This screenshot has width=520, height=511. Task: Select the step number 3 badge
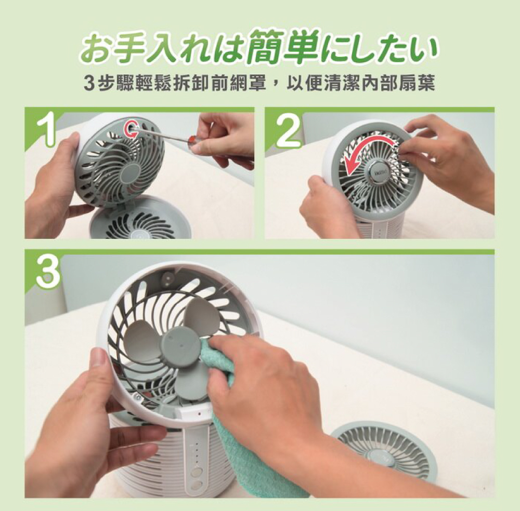tap(48, 272)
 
